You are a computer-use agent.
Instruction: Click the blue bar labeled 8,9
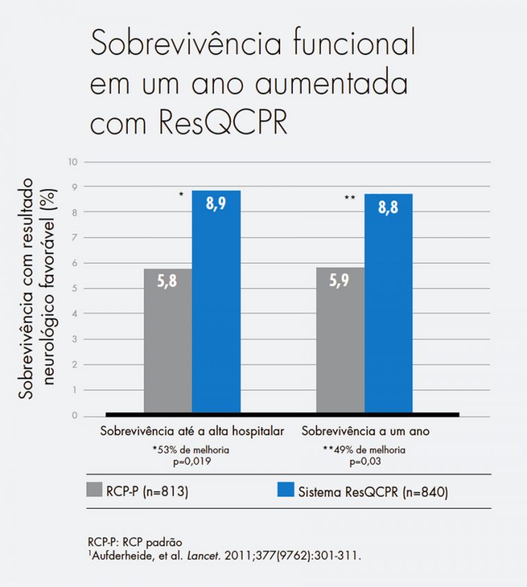[x=216, y=302]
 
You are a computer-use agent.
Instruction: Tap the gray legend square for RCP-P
[x=95, y=490]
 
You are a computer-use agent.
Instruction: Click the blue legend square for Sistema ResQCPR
[x=285, y=490]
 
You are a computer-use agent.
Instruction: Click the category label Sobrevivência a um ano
[x=365, y=432]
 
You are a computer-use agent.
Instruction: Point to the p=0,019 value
[x=190, y=461]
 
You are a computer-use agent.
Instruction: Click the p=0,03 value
[x=364, y=461]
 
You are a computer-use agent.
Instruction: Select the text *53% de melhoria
[x=190, y=450]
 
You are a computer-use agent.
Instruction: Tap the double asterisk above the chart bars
[x=349, y=198]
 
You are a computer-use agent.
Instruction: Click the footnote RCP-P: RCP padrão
[x=126, y=540]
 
